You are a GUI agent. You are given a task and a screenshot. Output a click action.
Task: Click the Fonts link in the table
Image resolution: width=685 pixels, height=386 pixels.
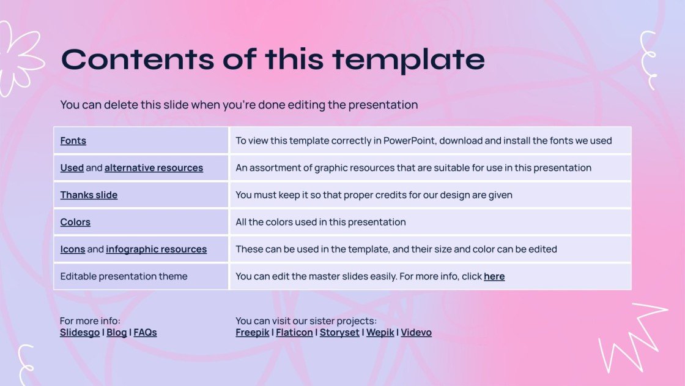[x=73, y=140]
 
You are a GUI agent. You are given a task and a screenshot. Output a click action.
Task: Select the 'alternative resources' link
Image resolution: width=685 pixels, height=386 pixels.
[x=154, y=167]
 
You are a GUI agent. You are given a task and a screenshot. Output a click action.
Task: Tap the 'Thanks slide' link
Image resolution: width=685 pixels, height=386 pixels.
[x=89, y=195]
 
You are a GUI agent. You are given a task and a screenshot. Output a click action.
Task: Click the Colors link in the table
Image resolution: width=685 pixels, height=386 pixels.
[x=75, y=222]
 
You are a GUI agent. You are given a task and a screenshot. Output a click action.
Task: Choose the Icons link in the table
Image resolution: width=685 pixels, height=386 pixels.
[x=72, y=249]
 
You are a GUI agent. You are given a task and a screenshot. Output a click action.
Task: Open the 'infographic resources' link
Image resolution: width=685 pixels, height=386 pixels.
[x=156, y=249]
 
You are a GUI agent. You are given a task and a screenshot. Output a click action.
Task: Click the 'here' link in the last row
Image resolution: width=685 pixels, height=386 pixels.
[x=494, y=276]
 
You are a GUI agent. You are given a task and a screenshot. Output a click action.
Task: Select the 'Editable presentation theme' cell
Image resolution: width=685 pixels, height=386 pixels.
[x=124, y=276]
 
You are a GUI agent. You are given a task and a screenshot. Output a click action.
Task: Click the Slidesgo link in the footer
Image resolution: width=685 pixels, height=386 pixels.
[x=80, y=332]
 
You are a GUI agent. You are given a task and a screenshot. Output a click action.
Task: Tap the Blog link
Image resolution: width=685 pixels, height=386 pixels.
[x=116, y=332]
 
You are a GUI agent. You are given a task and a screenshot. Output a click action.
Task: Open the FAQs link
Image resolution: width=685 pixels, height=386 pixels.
[x=145, y=332]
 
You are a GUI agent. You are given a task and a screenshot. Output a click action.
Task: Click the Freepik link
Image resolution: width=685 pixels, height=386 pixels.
[x=253, y=332]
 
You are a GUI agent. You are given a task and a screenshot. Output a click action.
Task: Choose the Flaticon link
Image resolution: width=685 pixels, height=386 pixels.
[x=294, y=332]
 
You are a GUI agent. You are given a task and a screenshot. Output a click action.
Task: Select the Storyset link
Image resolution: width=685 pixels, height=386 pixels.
[x=339, y=332]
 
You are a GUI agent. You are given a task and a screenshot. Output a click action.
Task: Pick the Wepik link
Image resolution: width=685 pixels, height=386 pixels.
[x=380, y=332]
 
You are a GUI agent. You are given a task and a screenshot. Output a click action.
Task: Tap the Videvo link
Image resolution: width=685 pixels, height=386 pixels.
[x=416, y=332]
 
